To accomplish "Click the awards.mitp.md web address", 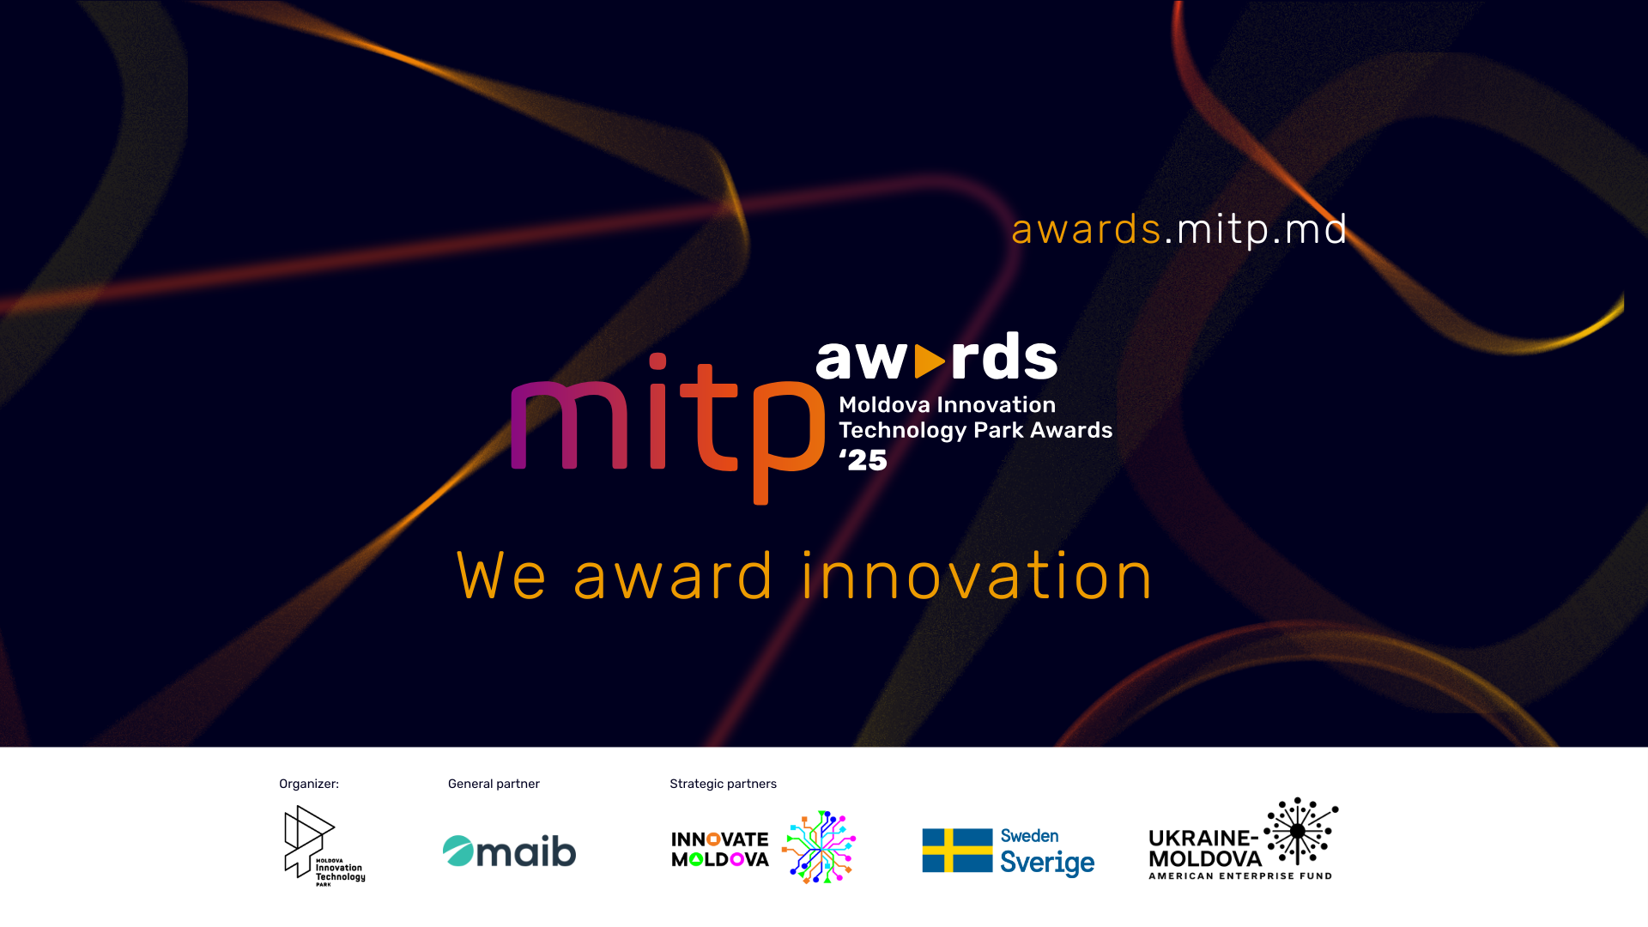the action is pos(1179,230).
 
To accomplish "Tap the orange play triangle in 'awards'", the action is pos(930,361).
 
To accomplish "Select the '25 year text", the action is pos(863,460).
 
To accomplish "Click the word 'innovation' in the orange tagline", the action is pos(977,576).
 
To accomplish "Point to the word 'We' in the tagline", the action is pos(501,576).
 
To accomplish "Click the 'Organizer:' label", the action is pos(309,784).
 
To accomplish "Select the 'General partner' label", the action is pos(494,784).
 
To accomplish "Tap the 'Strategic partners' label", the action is pos(723,784).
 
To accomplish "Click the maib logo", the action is pos(509,851).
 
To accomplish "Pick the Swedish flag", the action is pos(957,851).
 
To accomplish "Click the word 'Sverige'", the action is pos(1047,863).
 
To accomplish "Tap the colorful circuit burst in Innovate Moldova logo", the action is pos(819,847).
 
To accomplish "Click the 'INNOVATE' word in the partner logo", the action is pos(719,839).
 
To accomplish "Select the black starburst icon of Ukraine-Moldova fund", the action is pos(1300,831).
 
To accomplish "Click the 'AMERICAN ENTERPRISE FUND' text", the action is pos(1240,876).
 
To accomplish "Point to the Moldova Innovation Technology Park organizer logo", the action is pos(324,845).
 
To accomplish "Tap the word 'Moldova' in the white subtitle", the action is pos(884,405).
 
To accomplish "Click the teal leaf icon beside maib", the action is pos(458,851).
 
